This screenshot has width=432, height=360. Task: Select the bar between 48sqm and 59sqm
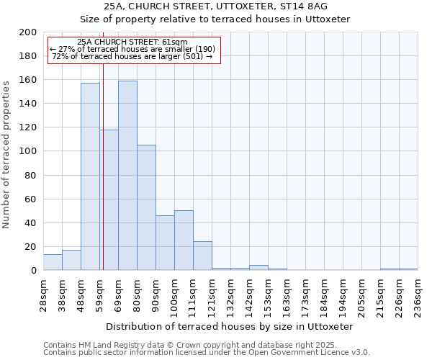pyautogui.click(x=90, y=176)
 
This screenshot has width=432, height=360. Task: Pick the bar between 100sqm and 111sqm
pyautogui.click(x=184, y=240)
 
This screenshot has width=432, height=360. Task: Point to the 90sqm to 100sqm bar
pyautogui.click(x=165, y=243)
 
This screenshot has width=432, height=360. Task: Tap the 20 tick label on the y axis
pyautogui.click(x=30, y=247)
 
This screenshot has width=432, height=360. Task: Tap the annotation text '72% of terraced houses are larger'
pyautogui.click(x=132, y=56)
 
